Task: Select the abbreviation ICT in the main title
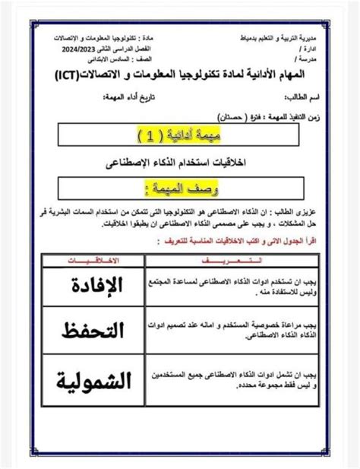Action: pos(75,74)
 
